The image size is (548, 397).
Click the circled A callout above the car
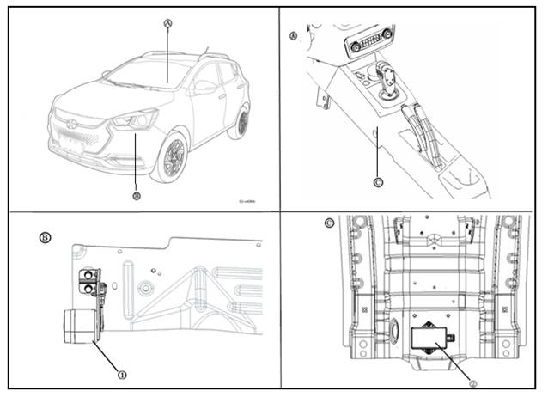pyautogui.click(x=168, y=24)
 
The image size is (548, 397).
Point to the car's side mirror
pyautogui.click(x=202, y=86)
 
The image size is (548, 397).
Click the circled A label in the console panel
pyautogui.click(x=295, y=37)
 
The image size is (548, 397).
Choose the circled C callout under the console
pyautogui.click(x=379, y=181)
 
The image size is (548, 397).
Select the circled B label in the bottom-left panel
pyautogui.click(x=44, y=235)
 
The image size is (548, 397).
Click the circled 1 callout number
pyautogui.click(x=122, y=374)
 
